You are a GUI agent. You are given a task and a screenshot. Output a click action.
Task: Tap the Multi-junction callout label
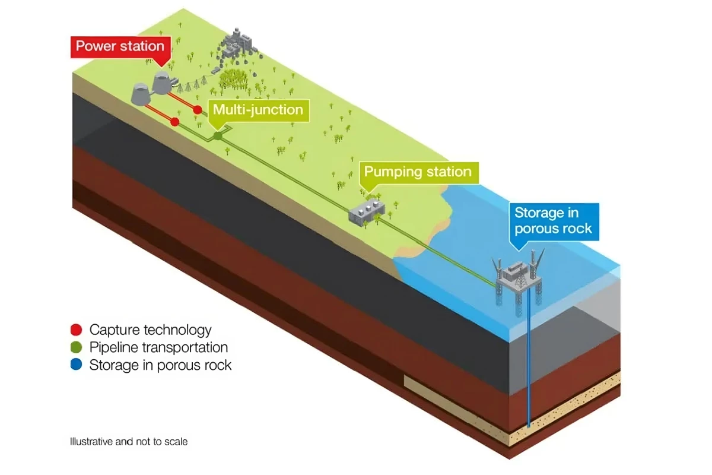258,110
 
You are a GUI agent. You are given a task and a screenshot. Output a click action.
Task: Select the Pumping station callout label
418,172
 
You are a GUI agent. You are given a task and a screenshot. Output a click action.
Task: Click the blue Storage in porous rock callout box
553,220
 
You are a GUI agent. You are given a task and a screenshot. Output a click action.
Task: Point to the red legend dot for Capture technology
76,330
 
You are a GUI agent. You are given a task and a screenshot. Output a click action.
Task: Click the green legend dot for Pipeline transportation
76,347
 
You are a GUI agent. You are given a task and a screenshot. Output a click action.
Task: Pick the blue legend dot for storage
76,365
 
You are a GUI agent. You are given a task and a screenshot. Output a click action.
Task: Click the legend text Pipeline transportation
158,347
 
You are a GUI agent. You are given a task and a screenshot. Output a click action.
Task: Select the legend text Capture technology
150,330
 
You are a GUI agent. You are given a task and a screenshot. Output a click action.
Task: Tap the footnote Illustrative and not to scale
129,442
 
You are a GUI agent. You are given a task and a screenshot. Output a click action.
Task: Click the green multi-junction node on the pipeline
218,136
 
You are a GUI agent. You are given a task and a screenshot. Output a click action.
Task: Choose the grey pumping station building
366,211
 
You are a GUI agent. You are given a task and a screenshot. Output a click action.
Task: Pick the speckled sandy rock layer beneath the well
570,410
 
